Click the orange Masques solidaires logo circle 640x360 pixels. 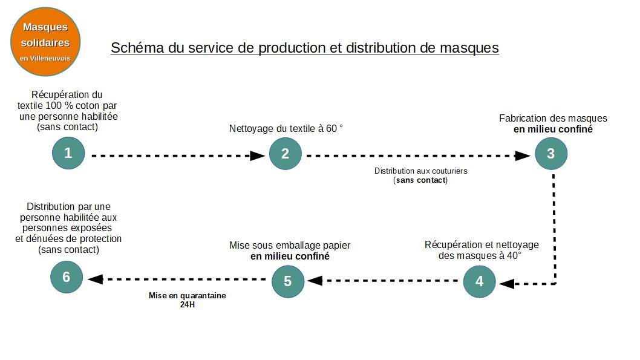(x=45, y=42)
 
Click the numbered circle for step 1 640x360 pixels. (x=68, y=153)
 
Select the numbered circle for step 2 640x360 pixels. (x=286, y=154)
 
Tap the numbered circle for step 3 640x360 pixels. (x=551, y=154)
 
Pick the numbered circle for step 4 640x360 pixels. (x=479, y=281)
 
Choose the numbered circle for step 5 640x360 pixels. (x=288, y=281)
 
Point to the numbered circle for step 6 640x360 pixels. (x=66, y=277)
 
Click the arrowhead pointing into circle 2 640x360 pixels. (x=257, y=155)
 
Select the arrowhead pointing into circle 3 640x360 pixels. (x=523, y=155)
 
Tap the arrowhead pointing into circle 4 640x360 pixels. (x=507, y=284)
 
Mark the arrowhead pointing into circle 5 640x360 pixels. (x=315, y=280)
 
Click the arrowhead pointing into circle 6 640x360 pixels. (x=95, y=279)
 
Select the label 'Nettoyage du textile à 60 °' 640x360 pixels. (x=286, y=128)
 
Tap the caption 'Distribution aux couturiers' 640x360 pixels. (x=421, y=171)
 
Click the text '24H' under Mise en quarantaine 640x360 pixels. (x=188, y=304)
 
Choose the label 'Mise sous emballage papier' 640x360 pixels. (x=290, y=245)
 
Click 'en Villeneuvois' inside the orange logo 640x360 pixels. (x=45, y=58)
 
